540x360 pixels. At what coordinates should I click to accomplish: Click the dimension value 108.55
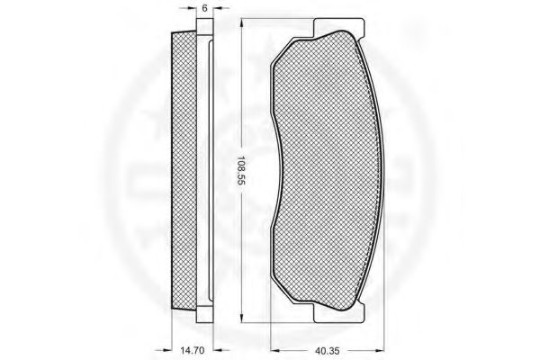coord(240,171)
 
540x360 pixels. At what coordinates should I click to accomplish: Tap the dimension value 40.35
coord(327,351)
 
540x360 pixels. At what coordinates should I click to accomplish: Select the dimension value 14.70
coord(193,351)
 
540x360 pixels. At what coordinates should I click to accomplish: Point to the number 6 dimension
coord(204,8)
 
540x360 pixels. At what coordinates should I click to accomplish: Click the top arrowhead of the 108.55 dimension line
coord(242,22)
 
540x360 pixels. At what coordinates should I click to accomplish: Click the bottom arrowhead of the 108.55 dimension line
coord(242,319)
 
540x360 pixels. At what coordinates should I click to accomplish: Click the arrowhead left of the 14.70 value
coord(167,350)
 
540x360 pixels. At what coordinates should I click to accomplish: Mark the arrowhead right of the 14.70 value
coord(218,350)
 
